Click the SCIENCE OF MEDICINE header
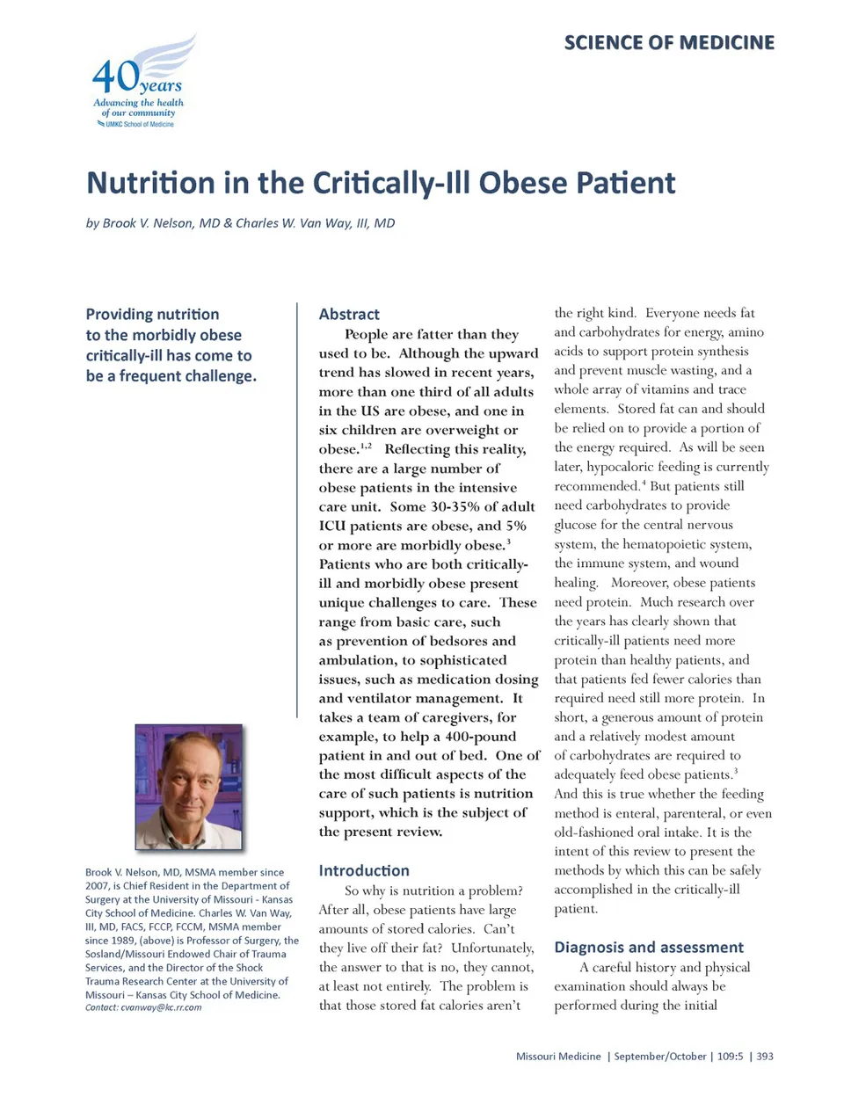coord(669,42)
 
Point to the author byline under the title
coord(240,223)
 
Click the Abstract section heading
coord(349,314)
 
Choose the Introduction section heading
coord(364,870)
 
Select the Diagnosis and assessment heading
coord(649,947)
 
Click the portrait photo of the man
coord(188,787)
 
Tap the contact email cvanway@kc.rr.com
coord(161,1007)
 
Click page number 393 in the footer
coord(764,1057)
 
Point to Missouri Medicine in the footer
coord(558,1057)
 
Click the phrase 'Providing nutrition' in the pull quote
coord(152,314)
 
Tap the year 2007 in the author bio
coord(98,886)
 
